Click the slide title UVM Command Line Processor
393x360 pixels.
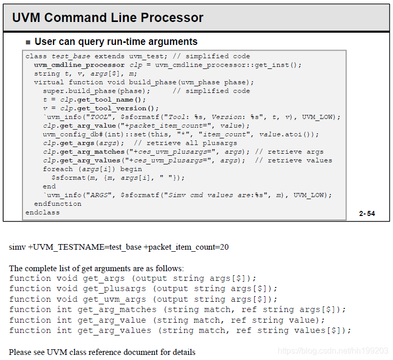[x=108, y=18]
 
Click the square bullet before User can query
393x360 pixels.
[x=29, y=42]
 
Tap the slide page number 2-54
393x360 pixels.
[x=366, y=213]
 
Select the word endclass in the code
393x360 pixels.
[x=42, y=212]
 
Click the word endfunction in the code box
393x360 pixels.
[x=58, y=204]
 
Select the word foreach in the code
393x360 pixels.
[x=58, y=169]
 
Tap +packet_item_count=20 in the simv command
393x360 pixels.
[x=186, y=247]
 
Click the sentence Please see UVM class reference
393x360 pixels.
[x=102, y=352]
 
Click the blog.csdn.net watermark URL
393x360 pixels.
[x=333, y=351]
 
